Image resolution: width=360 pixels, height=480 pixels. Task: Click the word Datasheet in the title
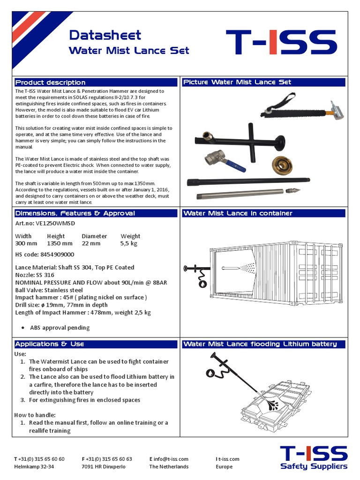tap(105, 35)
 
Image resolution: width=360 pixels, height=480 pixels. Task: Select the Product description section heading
tap(50, 82)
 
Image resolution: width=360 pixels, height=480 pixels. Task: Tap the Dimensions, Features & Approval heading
tap(75, 213)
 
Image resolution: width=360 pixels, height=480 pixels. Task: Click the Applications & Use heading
tap(50, 344)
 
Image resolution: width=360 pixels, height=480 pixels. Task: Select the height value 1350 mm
tap(60, 244)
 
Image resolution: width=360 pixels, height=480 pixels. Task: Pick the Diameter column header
tap(94, 236)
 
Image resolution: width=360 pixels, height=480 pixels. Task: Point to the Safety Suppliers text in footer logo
tap(314, 466)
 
